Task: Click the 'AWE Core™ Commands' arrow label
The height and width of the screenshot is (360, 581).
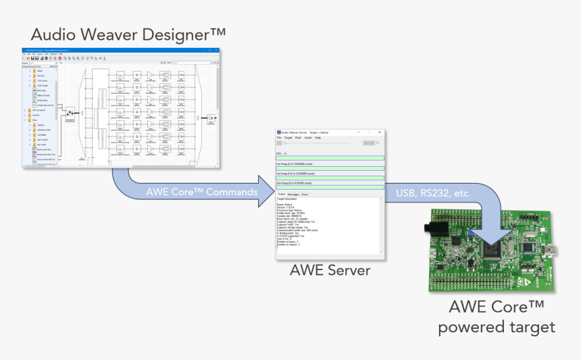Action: click(x=202, y=192)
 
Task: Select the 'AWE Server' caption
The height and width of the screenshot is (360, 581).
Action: click(x=330, y=271)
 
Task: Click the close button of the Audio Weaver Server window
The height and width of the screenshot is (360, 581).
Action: click(x=379, y=132)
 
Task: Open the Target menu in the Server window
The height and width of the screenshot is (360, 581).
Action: click(x=288, y=138)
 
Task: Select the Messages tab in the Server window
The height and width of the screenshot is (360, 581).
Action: click(x=294, y=195)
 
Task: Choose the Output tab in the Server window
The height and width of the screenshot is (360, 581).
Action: click(x=282, y=195)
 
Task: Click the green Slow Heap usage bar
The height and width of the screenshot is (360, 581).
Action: click(x=330, y=187)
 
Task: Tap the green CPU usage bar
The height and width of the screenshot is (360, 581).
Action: click(x=330, y=159)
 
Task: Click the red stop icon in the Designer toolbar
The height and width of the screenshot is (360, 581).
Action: click(x=59, y=59)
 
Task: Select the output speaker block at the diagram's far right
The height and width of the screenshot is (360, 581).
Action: click(x=211, y=118)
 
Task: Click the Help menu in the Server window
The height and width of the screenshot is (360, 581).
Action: click(x=318, y=138)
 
